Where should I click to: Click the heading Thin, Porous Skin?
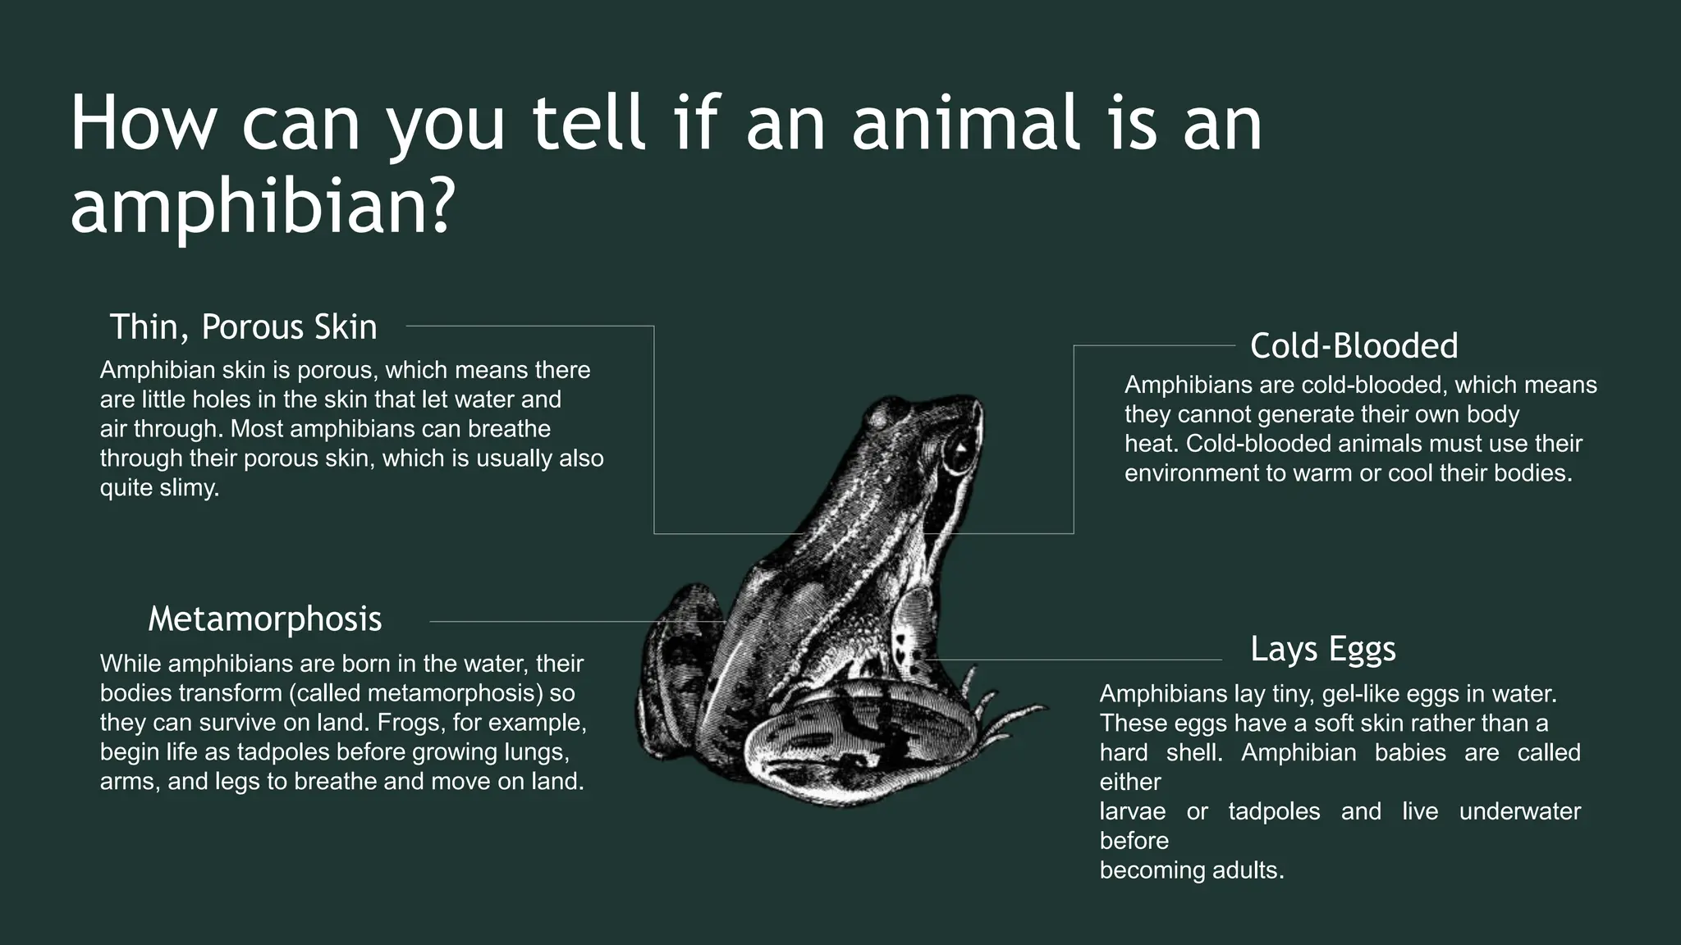pyautogui.click(x=243, y=327)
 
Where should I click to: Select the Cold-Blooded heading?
pyautogui.click(x=1354, y=346)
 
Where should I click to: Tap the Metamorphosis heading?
pyautogui.click(x=264, y=619)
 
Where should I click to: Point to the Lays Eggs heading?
pyautogui.click(x=1322, y=649)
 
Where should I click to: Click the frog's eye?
pyautogui.click(x=959, y=450)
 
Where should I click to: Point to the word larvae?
pyautogui.click(x=1132, y=811)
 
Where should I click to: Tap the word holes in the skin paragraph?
pyautogui.click(x=227, y=399)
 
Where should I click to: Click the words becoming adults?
pyautogui.click(x=1191, y=870)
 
